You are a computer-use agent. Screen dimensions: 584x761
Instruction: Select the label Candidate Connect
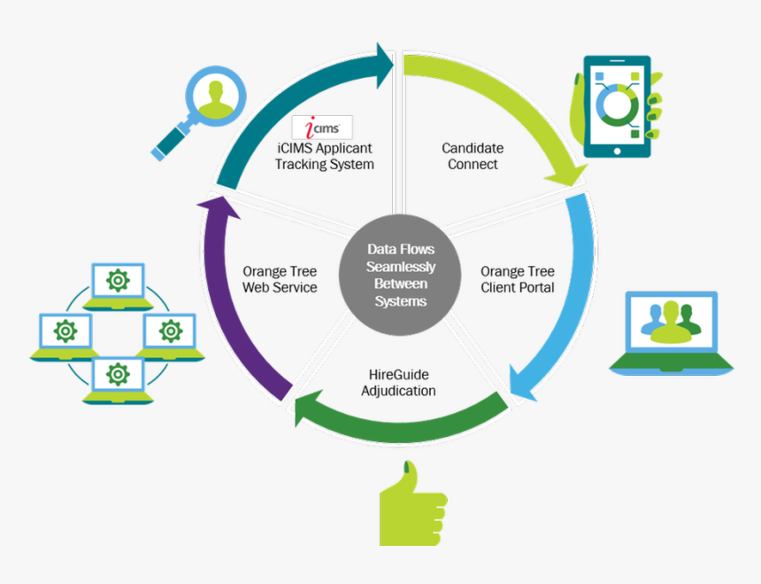[x=473, y=156]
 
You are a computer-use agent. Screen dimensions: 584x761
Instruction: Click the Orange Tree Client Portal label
[x=518, y=279]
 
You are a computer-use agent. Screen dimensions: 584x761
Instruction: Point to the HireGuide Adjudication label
[x=398, y=383]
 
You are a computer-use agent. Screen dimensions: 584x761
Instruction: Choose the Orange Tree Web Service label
[x=280, y=279]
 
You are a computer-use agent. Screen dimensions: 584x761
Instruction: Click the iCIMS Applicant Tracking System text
[x=324, y=157]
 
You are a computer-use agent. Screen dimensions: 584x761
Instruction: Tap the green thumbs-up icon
[x=411, y=506]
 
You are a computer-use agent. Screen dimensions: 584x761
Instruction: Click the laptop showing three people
[x=672, y=331]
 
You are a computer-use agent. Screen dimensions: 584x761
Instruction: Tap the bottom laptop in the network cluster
[x=118, y=380]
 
